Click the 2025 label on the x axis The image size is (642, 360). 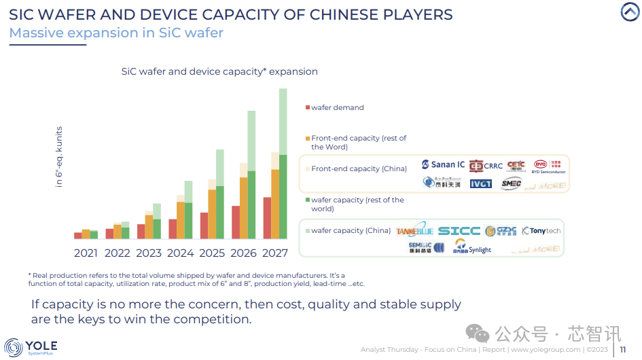[x=212, y=253]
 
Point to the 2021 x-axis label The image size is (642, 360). [x=86, y=253]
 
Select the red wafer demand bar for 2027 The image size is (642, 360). [x=267, y=218]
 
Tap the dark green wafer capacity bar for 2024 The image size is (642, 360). [x=188, y=221]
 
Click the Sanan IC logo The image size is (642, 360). [x=443, y=164]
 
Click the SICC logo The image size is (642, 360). [x=459, y=231]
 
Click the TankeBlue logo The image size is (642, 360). [x=414, y=231]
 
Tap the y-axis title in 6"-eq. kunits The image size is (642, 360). [x=59, y=157]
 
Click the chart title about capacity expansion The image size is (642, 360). [x=219, y=71]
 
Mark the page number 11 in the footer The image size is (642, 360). [x=622, y=350]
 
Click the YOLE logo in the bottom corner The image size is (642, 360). [x=31, y=348]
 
